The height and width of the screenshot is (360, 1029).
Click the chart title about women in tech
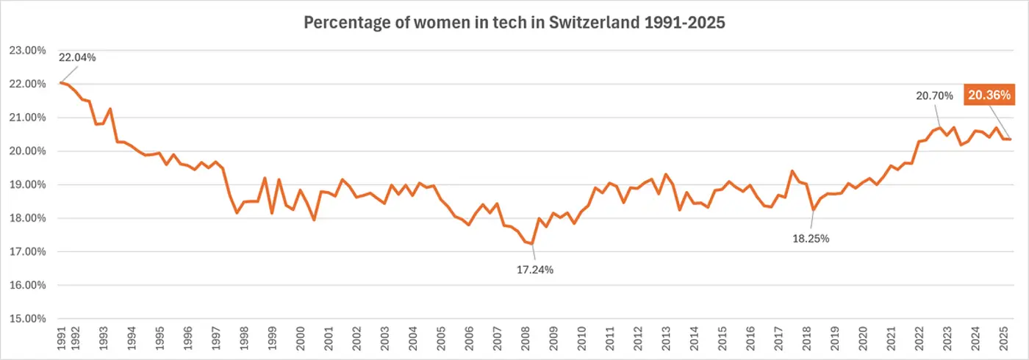[x=514, y=23]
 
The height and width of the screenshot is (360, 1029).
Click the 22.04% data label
[x=78, y=57]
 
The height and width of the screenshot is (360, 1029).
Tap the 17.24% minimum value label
[x=534, y=270]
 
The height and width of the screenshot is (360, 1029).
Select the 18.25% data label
[x=811, y=238]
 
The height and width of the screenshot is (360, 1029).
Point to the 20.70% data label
[x=934, y=96]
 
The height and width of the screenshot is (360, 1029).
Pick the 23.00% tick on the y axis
[x=29, y=51]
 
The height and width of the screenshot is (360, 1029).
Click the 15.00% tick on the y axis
[x=29, y=319]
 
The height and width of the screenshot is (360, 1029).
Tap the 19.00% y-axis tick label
[x=29, y=185]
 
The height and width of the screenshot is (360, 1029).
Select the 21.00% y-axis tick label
[x=29, y=118]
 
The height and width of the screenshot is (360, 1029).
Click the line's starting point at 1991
[x=60, y=82]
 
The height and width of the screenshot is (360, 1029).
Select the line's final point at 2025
[x=1010, y=139]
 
